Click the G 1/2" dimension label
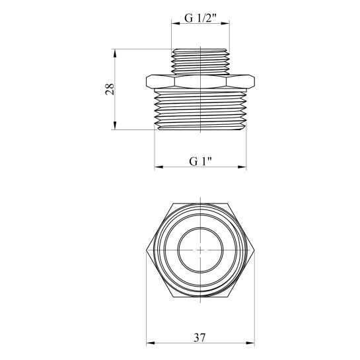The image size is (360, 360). (200, 18)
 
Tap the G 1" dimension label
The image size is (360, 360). (200, 161)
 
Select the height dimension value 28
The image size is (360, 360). (110, 89)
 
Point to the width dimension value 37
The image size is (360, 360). (200, 338)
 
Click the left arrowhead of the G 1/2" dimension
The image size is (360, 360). (176, 23)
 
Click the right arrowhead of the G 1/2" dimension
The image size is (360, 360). (225, 23)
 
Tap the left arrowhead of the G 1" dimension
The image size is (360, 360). (159, 167)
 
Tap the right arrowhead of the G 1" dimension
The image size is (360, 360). (242, 167)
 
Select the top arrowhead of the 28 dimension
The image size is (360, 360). (115, 54)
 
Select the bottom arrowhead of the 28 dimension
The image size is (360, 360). (115, 126)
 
